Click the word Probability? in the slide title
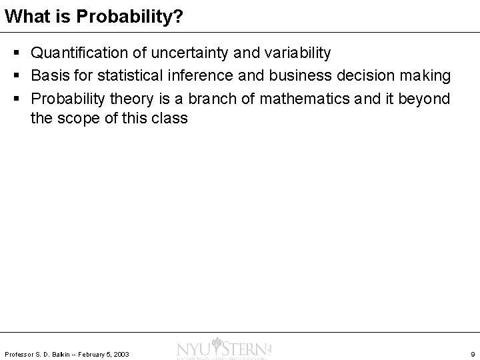pos(130,17)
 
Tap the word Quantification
pos(75,52)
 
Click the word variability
pos(291,52)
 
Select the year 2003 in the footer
pos(121,353)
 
